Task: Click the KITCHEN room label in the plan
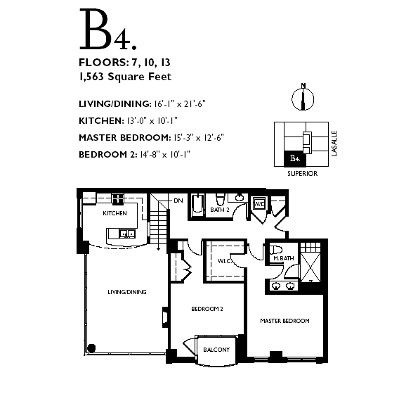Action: point(115,213)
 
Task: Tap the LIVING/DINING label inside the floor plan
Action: point(127,292)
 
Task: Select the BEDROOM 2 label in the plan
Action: point(207,309)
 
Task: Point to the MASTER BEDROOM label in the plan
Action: point(284,321)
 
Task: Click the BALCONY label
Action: point(216,350)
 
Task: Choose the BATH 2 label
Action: point(220,210)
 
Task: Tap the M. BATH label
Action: point(284,258)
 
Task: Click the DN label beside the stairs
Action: point(178,201)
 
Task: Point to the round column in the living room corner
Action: point(91,348)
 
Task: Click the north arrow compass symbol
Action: point(303,97)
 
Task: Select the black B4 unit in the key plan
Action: point(295,159)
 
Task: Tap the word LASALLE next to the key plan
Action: point(334,144)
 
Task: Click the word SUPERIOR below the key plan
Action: point(303,174)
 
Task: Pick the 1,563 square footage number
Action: point(91,77)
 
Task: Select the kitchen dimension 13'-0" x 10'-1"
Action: point(152,120)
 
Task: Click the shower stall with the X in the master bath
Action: point(310,267)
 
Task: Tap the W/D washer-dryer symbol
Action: point(259,203)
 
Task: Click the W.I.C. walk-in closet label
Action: point(224,261)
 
